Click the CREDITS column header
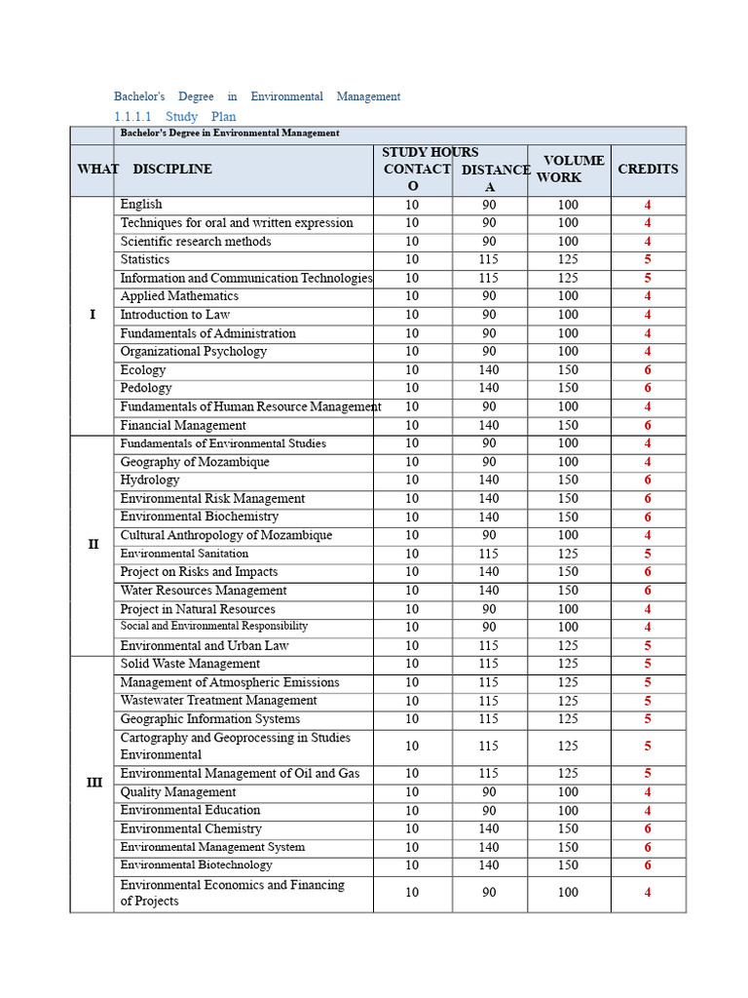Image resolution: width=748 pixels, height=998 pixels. pos(648,169)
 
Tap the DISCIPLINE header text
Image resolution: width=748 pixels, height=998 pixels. pos(172,169)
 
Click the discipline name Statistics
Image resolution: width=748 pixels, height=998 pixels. pos(145,259)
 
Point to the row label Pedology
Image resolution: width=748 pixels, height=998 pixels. pos(146,388)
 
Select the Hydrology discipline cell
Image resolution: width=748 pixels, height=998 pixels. pos(150,480)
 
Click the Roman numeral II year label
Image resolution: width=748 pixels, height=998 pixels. pos(93,545)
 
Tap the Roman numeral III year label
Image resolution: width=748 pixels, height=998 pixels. pos(93,783)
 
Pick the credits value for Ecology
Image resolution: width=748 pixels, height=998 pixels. pos(648,370)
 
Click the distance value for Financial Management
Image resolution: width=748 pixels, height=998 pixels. pos(489,425)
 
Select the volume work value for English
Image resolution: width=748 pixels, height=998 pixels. pos(568,205)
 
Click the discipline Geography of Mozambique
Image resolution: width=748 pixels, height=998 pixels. pos(195,462)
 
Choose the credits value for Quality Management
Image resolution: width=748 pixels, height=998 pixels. pos(648,792)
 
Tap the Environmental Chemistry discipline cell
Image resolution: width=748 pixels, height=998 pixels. pos(191,828)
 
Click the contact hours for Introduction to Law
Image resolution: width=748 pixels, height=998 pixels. pos(412,315)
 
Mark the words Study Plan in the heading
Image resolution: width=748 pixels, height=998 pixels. pos(201,117)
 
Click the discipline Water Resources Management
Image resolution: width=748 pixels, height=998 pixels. pos(204,591)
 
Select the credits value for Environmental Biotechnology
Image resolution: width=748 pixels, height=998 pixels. pos(648,865)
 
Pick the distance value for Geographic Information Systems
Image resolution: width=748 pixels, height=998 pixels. pos(489,719)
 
